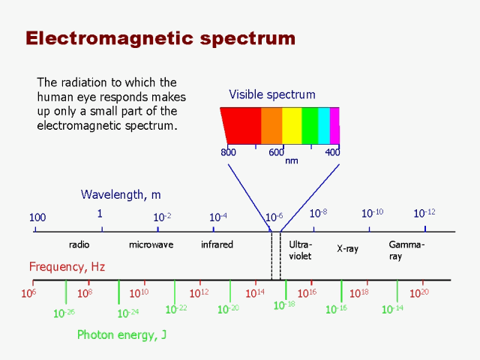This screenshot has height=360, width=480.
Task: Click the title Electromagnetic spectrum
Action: pos(160,38)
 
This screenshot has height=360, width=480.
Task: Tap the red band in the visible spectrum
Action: pos(241,125)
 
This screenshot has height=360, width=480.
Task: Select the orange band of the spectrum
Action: pos(271,125)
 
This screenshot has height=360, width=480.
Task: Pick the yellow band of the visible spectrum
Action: pos(291,125)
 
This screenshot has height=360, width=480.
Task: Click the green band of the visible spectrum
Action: pos(310,125)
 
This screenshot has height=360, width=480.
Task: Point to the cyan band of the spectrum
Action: pos(324,125)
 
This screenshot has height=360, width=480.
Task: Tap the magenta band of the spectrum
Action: pos(334,125)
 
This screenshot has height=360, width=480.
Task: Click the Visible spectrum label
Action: pos(272,94)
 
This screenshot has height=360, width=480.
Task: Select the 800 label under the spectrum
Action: pos(229,152)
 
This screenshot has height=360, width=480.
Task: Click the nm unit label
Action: pos(292,160)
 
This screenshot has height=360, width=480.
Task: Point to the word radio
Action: pos(79,244)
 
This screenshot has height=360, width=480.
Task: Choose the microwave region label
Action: pos(151,244)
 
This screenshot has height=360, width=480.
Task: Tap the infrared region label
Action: pos(217,244)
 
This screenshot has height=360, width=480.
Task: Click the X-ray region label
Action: pos(347,248)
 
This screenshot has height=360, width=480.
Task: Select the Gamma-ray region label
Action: pos(406,250)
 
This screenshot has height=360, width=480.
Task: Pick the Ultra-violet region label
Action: pos(300,250)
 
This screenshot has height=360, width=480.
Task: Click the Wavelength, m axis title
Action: pos(121,195)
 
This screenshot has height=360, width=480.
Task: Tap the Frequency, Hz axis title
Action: pos(67,266)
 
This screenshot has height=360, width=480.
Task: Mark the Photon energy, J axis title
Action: pos(121,335)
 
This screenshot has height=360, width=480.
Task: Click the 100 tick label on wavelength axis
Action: pos(37,217)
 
